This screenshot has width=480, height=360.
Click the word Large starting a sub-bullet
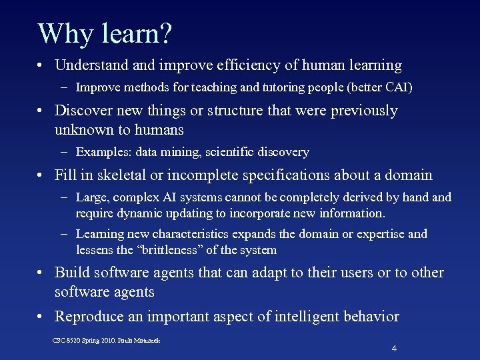click(x=91, y=197)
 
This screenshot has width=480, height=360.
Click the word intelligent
click(x=291, y=317)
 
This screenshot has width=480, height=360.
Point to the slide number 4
click(x=395, y=348)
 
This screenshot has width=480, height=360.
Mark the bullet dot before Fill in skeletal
click(x=42, y=176)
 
